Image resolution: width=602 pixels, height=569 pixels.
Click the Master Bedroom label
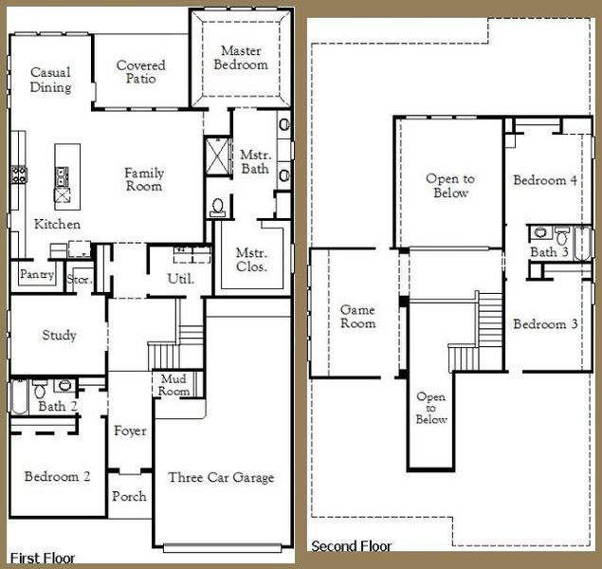coord(244,58)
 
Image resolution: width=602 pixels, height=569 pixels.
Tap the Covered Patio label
coord(140,72)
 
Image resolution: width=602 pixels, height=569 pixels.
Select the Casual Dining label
coord(50,80)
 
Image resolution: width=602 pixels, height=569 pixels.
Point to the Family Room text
coord(144,179)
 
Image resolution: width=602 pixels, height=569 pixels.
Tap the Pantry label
coord(35,275)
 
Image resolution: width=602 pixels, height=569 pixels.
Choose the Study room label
coord(59,336)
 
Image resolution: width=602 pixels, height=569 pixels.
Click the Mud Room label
coord(173,384)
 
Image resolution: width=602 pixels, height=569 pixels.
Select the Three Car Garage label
coord(221,477)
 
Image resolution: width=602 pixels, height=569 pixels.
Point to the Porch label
coord(129,497)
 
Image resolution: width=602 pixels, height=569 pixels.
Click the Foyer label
coord(130,431)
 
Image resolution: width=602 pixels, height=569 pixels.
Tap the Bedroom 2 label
coord(57,477)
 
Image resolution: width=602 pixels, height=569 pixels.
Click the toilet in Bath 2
coord(40,388)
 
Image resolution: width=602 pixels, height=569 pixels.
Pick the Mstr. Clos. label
coord(252,261)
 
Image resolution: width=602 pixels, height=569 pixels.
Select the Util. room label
coord(180,279)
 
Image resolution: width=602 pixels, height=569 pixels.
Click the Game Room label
coord(357,317)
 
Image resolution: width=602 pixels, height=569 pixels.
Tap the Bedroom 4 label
coord(546,180)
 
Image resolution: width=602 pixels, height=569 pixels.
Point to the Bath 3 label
coord(549,252)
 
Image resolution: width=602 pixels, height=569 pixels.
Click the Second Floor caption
coord(352,547)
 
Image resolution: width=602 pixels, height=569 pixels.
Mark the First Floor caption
coord(43,559)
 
